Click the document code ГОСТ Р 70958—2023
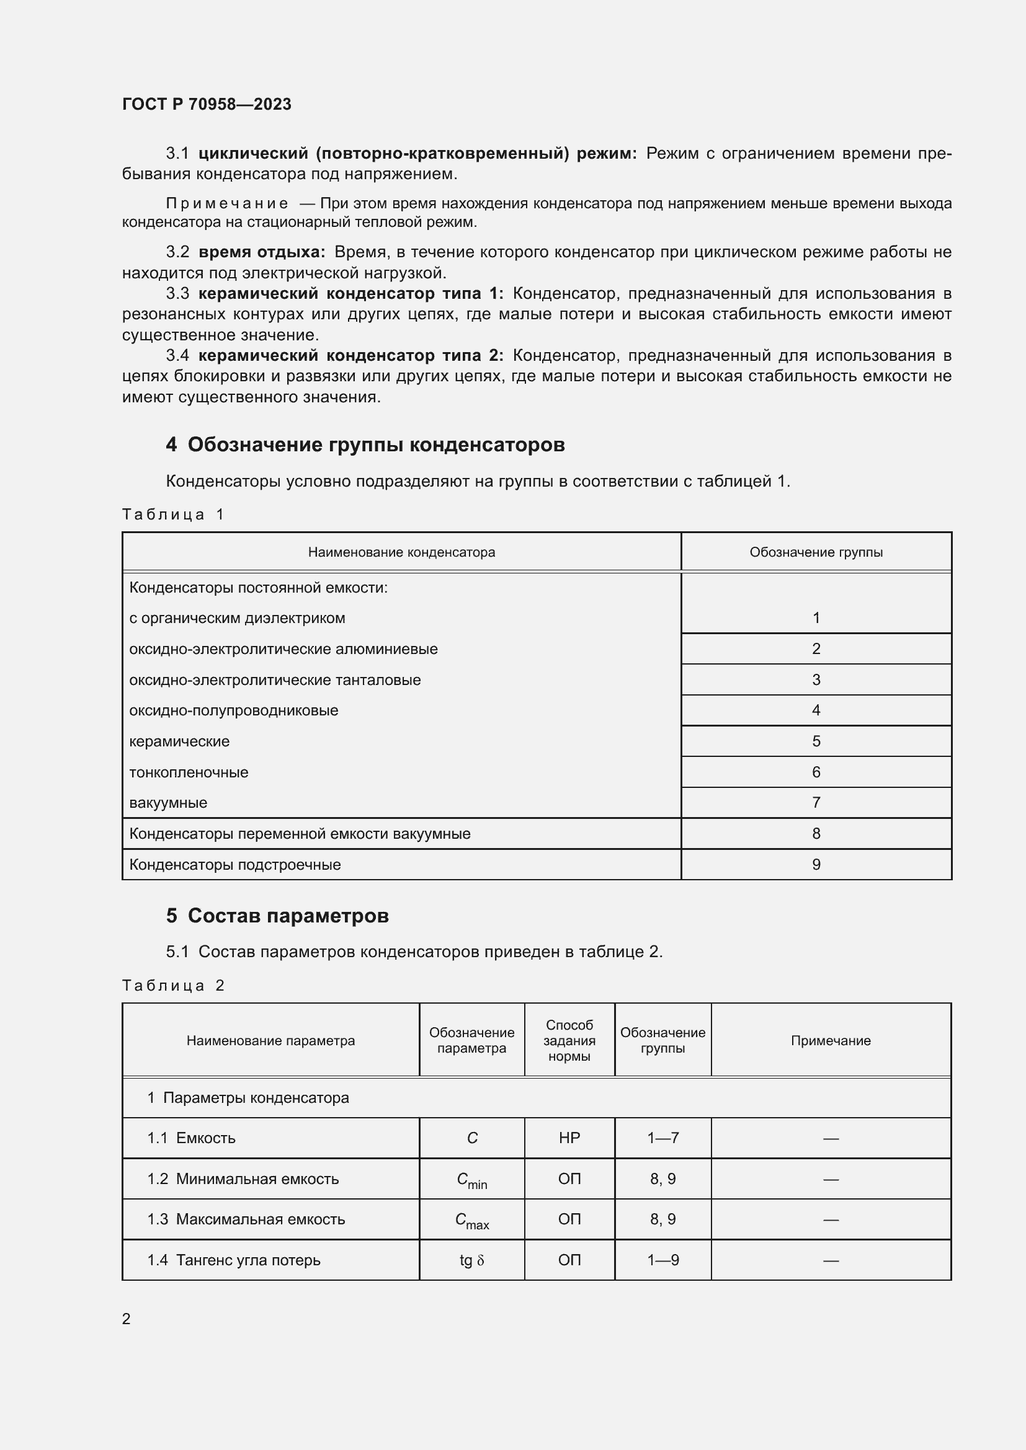[x=207, y=104]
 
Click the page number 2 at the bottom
[x=127, y=1319]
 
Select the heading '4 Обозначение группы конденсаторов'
[x=365, y=444]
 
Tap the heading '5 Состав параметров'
[x=277, y=916]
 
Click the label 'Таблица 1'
[x=173, y=514]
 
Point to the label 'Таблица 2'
[x=173, y=986]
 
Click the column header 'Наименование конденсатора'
[x=401, y=552]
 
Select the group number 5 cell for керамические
[x=816, y=741]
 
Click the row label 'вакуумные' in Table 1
[x=168, y=803]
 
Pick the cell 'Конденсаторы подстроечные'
[x=235, y=865]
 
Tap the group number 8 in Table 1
[x=816, y=834]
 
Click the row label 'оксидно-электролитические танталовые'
[x=275, y=680]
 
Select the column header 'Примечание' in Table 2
[x=830, y=1041]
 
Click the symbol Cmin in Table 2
[x=471, y=1180]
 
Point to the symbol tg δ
[x=471, y=1260]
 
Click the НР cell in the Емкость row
[x=569, y=1138]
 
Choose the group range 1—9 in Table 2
[x=662, y=1260]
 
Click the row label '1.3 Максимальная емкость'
[x=246, y=1219]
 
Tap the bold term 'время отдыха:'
[x=262, y=252]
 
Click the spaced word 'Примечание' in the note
[x=227, y=203]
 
